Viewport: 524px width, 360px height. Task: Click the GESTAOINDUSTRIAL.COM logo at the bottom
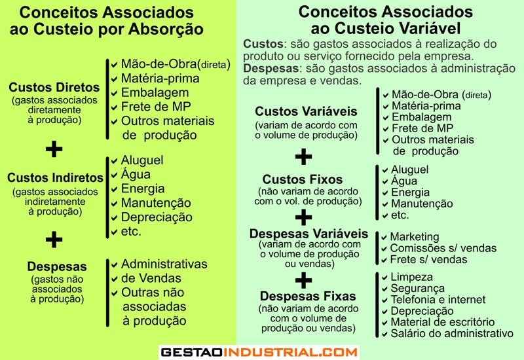point(259,352)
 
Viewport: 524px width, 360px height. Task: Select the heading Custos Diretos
point(54,87)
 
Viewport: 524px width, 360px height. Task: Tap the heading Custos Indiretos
point(55,177)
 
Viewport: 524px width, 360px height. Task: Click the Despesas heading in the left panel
point(57,266)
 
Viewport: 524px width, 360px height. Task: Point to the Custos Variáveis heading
point(306,111)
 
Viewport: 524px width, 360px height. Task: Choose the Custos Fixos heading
point(303,179)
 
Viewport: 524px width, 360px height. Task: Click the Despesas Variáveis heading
point(309,234)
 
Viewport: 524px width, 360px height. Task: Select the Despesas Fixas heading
point(308,296)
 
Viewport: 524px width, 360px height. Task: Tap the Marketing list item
point(414,237)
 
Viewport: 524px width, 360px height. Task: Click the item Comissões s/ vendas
point(443,248)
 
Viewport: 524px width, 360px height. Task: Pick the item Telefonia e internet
point(438,300)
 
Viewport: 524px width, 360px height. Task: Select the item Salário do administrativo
point(451,333)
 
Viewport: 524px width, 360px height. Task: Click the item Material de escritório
point(442,322)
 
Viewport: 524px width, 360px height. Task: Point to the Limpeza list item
point(413,278)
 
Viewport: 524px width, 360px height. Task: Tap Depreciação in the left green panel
point(157,217)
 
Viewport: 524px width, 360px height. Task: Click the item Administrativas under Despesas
point(164,264)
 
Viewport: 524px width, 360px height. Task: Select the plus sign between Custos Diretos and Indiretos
point(54,149)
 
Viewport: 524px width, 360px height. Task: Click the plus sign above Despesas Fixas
point(303,281)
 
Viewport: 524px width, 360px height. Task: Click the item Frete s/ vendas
point(428,259)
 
